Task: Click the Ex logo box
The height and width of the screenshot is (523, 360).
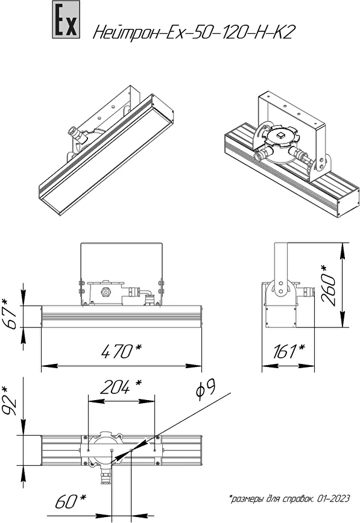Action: click(66, 19)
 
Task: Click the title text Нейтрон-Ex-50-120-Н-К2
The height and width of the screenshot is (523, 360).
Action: click(194, 33)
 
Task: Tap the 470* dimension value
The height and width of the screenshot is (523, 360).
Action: click(121, 351)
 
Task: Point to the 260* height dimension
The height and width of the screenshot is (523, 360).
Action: click(328, 285)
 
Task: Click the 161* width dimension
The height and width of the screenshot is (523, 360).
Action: click(288, 351)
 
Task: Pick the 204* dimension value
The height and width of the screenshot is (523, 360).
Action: click(121, 387)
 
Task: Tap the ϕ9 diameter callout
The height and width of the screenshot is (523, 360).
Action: click(206, 389)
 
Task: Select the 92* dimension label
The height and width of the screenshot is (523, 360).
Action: click(10, 401)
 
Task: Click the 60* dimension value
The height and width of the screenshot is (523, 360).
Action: click(71, 501)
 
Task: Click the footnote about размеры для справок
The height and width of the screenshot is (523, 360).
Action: click(289, 499)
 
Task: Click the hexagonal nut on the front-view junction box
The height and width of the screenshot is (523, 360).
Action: click(106, 292)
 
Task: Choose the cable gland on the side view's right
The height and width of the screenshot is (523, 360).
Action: click(306, 292)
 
